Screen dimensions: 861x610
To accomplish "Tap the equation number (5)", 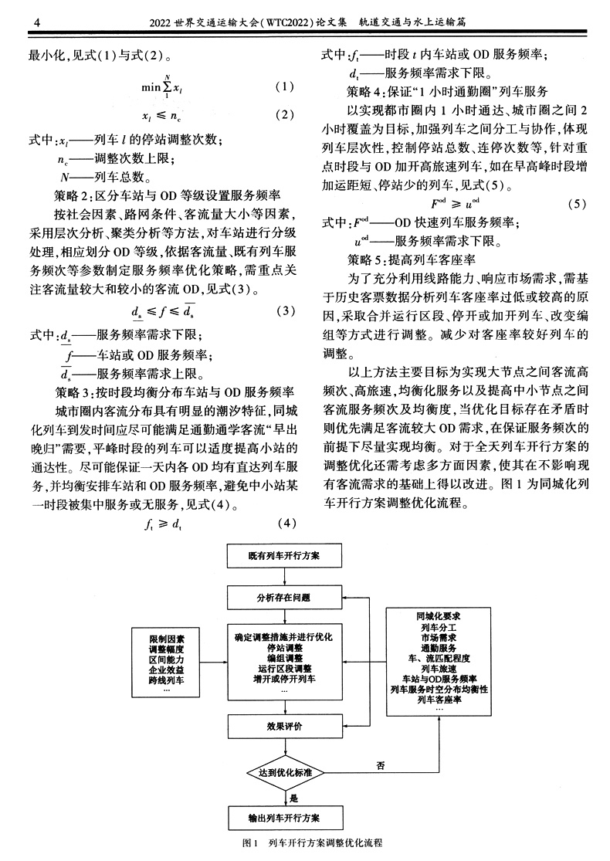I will click(x=578, y=205).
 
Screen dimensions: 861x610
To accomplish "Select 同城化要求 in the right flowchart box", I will click(x=439, y=617).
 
